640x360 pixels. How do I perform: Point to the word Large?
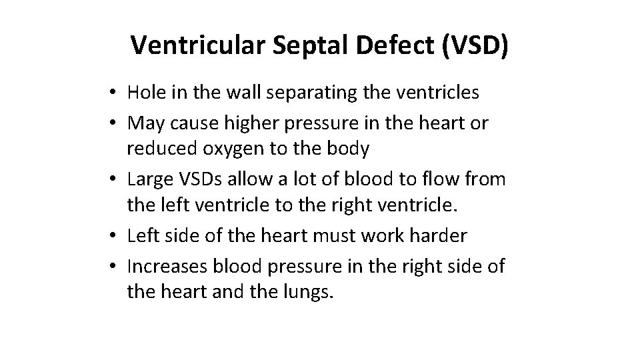(149, 179)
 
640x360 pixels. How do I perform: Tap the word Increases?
(167, 266)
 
